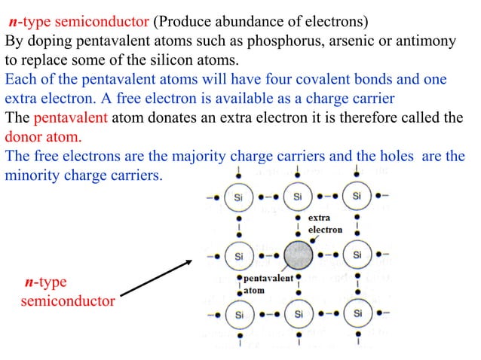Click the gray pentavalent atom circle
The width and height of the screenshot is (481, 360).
click(x=299, y=255)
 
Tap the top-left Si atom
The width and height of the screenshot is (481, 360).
click(x=240, y=197)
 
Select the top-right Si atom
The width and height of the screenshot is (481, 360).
click(x=356, y=197)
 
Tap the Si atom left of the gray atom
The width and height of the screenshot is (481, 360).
click(x=240, y=255)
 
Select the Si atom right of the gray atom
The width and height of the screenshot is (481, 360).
click(x=356, y=255)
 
